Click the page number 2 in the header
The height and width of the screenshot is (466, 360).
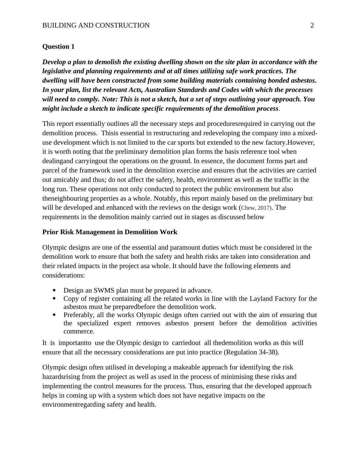tap(312, 25)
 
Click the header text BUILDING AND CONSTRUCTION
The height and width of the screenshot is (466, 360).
tap(96, 25)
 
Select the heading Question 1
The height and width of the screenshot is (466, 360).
tap(58, 47)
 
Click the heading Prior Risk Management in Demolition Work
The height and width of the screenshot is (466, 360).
tap(110, 232)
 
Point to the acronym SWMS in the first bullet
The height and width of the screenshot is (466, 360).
tap(103, 290)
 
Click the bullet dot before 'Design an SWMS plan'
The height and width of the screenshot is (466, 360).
tap(54, 290)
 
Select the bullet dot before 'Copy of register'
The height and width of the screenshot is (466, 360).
tap(54, 298)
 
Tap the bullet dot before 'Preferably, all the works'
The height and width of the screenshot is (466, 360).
tap(54, 315)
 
